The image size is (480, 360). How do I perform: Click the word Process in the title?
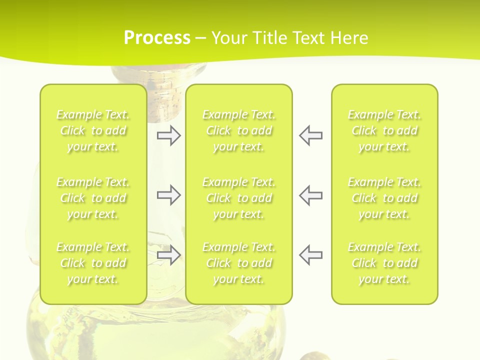[157, 38]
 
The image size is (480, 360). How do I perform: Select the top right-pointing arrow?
[168, 135]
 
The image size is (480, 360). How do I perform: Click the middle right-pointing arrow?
[168, 195]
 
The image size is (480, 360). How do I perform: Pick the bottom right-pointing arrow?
[168, 255]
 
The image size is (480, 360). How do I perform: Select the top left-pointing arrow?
[310, 135]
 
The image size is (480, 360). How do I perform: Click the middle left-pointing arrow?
[310, 195]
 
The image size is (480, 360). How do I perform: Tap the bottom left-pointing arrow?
[310, 255]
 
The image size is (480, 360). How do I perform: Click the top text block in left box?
[93, 130]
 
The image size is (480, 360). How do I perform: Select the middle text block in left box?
[93, 198]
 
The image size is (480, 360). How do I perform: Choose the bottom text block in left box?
[93, 263]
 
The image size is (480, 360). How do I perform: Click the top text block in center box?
[239, 130]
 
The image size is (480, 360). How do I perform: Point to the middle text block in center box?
[239, 198]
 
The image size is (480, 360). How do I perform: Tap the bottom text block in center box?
[239, 263]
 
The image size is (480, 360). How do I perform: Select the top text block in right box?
[384, 130]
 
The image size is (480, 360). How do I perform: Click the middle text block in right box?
[384, 198]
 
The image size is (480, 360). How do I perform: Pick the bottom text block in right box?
[384, 263]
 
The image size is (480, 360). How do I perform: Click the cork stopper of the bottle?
[165, 75]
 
